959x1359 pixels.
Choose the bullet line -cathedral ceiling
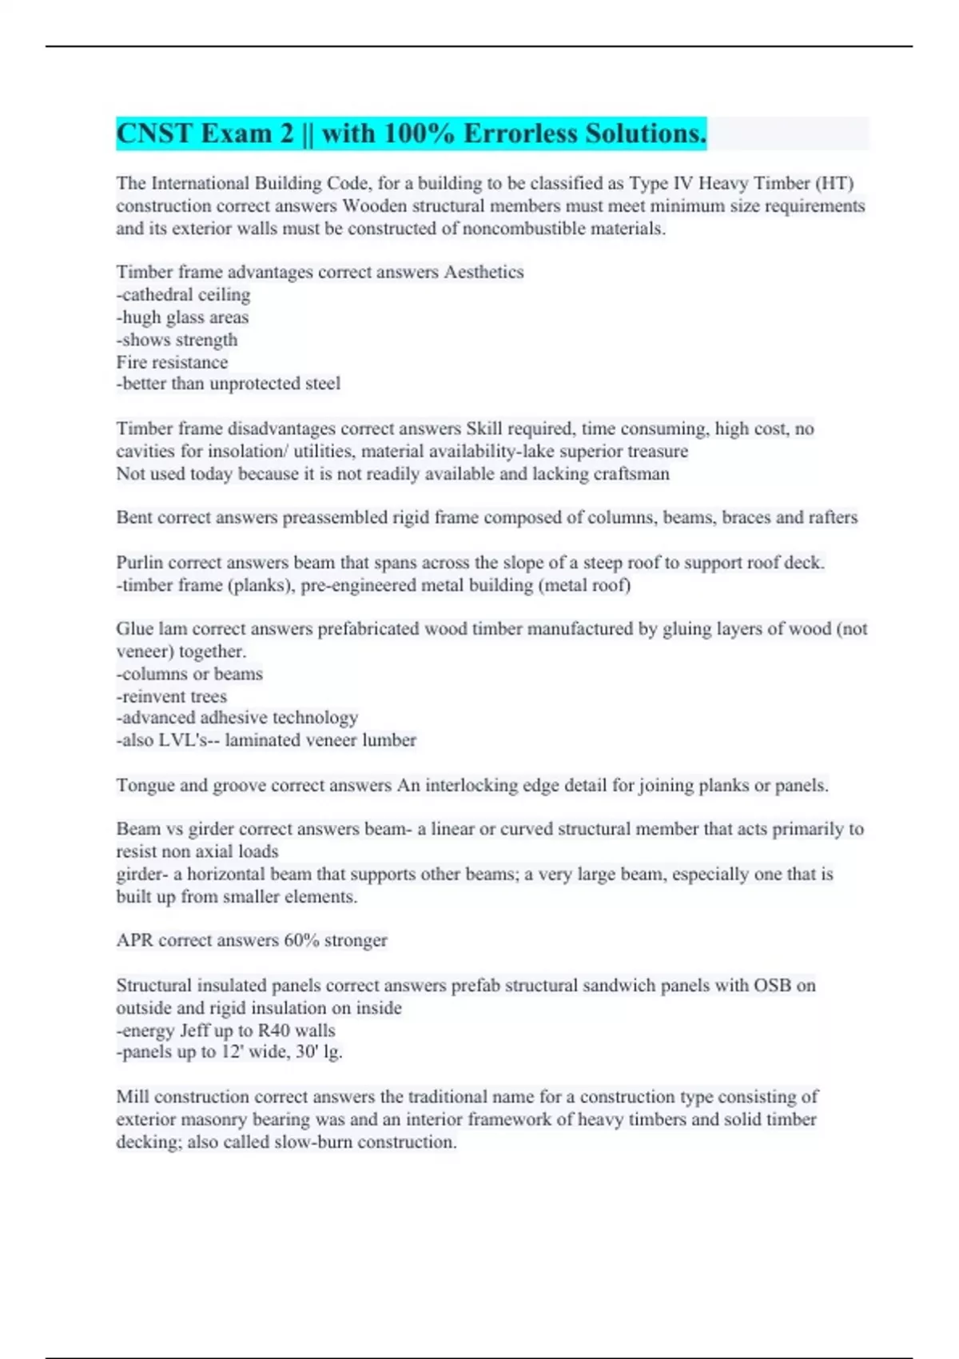(183, 295)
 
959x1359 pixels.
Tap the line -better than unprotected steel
(228, 384)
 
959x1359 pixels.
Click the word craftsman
(631, 473)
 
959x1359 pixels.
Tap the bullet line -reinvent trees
(171, 696)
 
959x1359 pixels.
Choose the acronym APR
(134, 940)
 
